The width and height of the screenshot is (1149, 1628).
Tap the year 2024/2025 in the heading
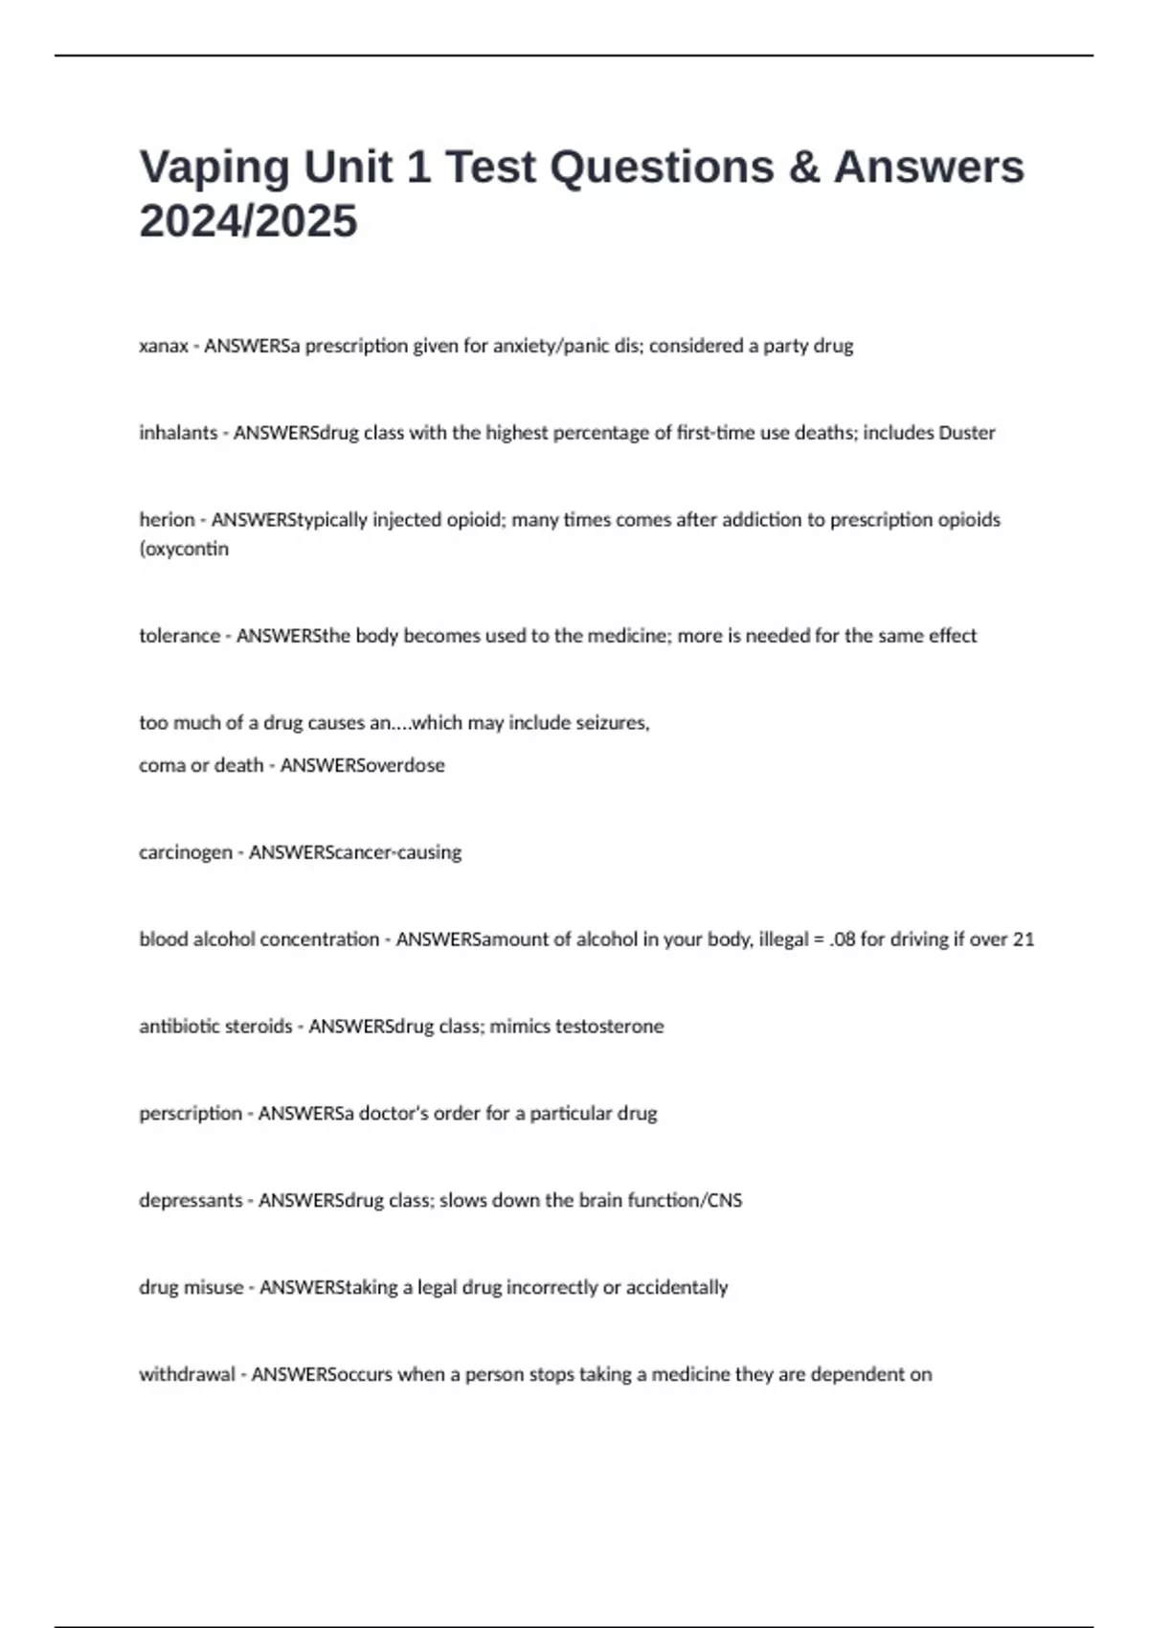pos(248,221)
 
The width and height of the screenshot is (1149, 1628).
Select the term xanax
pos(164,346)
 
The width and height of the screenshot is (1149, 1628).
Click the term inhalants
pos(178,433)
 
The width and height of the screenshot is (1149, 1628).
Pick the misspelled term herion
pos(167,520)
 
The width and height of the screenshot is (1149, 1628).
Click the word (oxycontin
pos(184,549)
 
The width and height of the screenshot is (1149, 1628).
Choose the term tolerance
pos(179,636)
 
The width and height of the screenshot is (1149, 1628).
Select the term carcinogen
pos(185,852)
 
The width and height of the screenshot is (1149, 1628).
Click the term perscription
pos(191,1114)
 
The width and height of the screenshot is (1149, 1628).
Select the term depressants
pos(191,1201)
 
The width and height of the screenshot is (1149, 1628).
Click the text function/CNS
pos(685,1201)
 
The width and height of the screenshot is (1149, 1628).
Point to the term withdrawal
pos(187,1375)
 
